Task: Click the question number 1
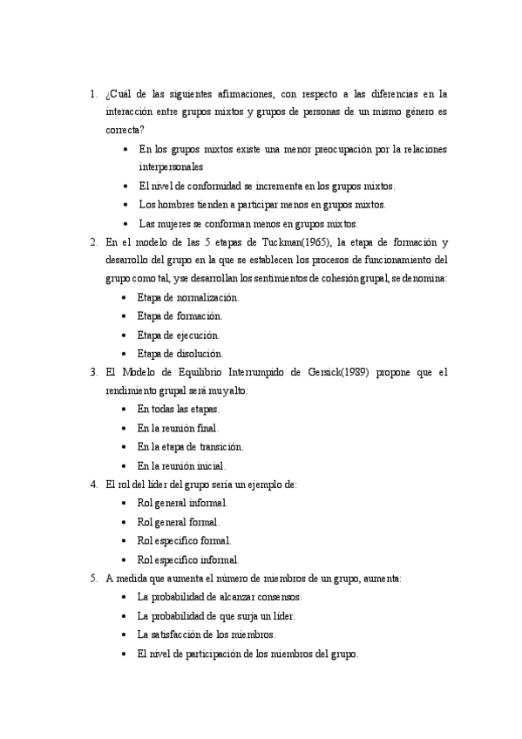click(92, 92)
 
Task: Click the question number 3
click(92, 372)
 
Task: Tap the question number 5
click(92, 578)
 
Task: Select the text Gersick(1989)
click(332, 372)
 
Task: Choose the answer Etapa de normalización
click(187, 297)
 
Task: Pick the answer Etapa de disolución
click(180, 353)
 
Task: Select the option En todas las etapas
click(179, 409)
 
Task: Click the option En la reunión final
click(178, 428)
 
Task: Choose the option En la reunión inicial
click(181, 465)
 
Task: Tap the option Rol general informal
click(182, 503)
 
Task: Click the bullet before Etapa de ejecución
click(127, 335)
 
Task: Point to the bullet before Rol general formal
click(127, 522)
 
